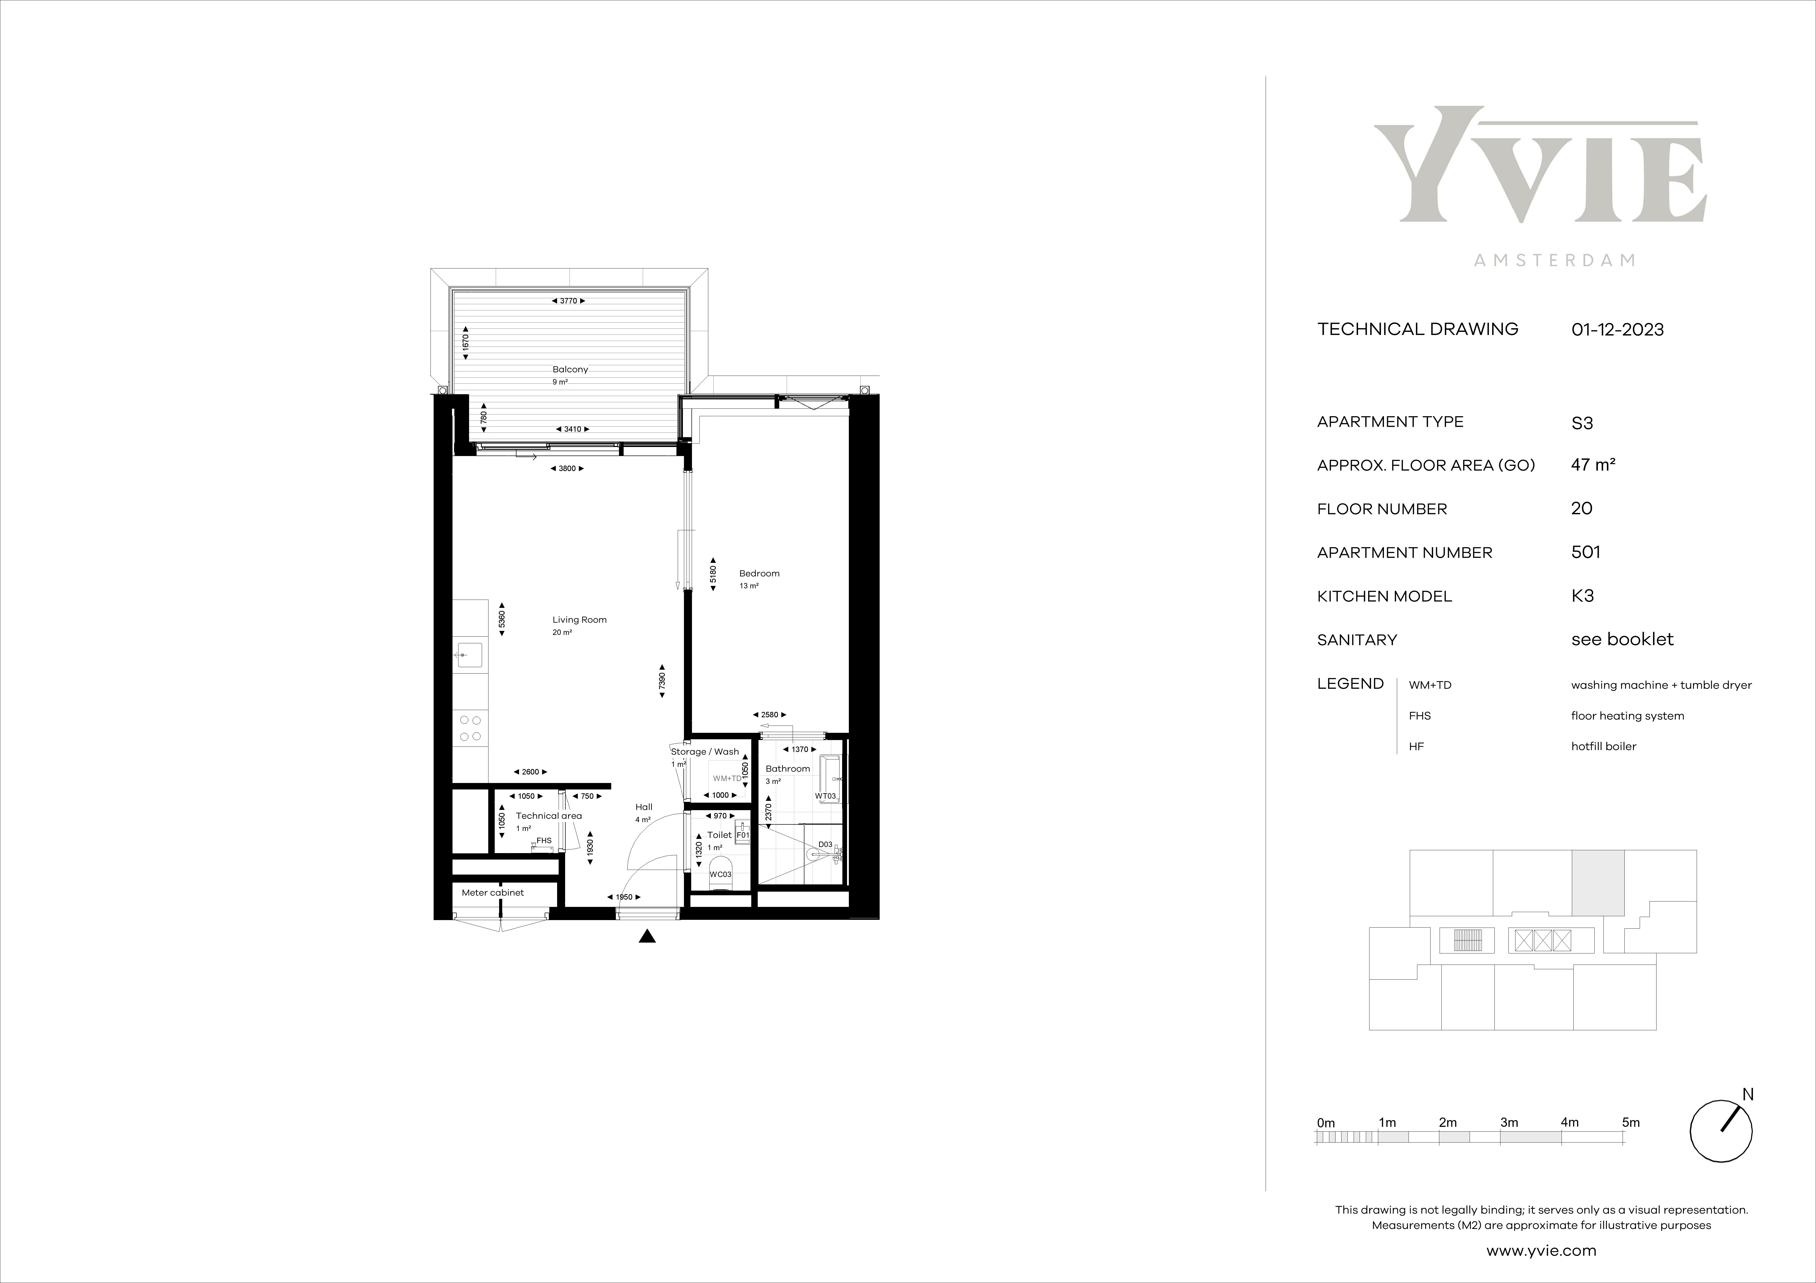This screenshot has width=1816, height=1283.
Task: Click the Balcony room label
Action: [570, 369]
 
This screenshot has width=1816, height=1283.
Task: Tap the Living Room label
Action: [580, 620]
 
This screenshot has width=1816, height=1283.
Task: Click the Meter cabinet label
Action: [493, 892]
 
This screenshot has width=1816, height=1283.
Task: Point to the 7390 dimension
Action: [662, 680]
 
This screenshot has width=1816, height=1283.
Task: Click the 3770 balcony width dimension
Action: [569, 300]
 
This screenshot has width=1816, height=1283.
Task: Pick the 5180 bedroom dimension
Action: [713, 574]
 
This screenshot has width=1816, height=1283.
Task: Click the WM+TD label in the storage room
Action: [728, 779]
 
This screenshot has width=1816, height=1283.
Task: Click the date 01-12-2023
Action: [1617, 330]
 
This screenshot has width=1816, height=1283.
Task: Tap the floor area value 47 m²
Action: [1593, 465]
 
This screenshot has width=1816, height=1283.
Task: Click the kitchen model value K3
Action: [1583, 596]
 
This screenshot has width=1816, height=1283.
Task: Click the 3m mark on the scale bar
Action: [1509, 1123]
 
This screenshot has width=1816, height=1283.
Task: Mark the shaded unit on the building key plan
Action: [1598, 882]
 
